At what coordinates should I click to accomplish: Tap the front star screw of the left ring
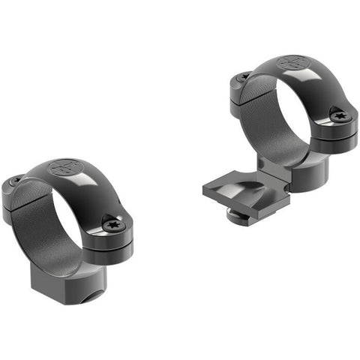coord(114,224)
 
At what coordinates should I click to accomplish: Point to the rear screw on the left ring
coord(16,181)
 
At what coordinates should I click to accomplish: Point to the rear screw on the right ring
coord(241,77)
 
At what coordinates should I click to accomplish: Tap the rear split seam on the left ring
coord(10,196)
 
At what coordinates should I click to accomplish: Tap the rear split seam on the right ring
coord(236,91)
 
